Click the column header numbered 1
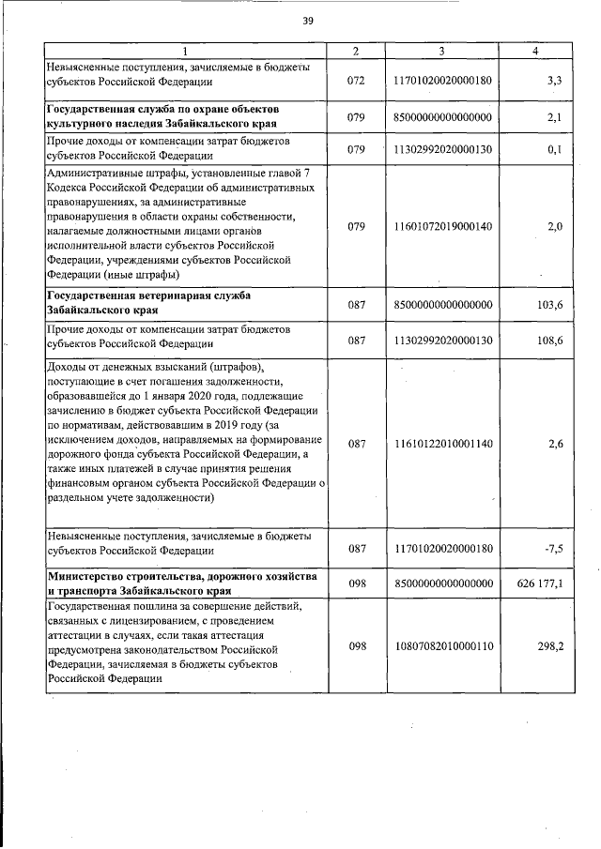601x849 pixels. coord(185,51)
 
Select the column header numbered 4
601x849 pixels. coord(534,51)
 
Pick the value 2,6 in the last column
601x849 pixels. coord(554,443)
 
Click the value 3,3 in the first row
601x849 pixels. coord(554,82)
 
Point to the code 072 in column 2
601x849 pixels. coord(355,82)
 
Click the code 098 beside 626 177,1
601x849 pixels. coord(355,583)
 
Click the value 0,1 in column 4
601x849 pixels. coord(554,149)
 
